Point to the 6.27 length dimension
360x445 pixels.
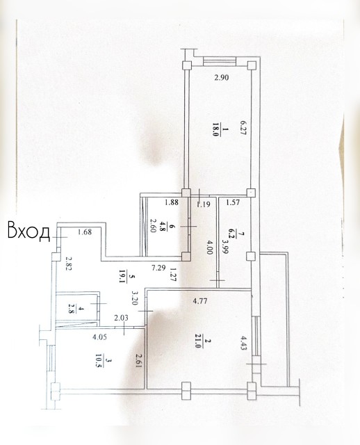tap(243, 129)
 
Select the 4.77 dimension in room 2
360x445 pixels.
tap(202, 301)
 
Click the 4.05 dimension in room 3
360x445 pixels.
tap(81, 340)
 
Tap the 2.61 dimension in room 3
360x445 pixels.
tap(139, 362)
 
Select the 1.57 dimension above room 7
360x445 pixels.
tap(232, 204)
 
